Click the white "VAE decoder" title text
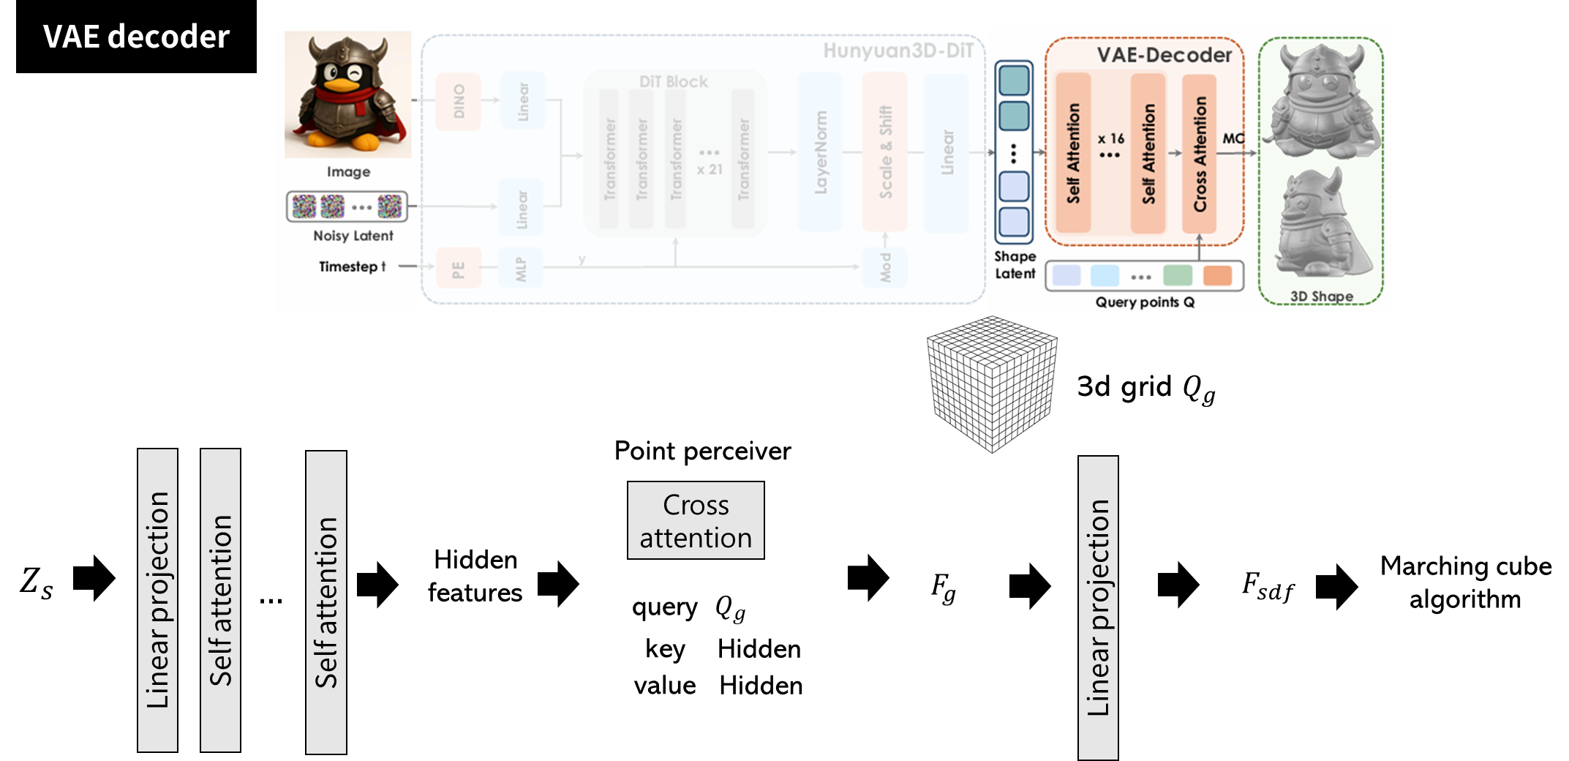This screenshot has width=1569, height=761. [x=136, y=37]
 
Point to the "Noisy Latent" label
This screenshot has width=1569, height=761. [x=353, y=236]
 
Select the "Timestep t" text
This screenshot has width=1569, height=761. [x=352, y=266]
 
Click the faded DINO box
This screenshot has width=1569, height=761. [x=459, y=102]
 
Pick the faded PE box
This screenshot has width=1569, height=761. [x=458, y=269]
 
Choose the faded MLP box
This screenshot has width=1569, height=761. [x=521, y=269]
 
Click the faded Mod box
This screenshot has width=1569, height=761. [x=885, y=268]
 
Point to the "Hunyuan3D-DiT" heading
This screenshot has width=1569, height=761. [x=898, y=50]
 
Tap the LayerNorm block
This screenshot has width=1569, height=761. [x=821, y=152]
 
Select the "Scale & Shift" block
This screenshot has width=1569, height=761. [x=885, y=152]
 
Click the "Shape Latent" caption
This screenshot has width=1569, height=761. [x=1015, y=265]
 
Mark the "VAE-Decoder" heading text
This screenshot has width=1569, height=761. [x=1164, y=55]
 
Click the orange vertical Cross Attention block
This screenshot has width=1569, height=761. [x=1200, y=154]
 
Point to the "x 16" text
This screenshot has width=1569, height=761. [x=1110, y=138]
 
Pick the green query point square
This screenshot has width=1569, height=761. [x=1177, y=276]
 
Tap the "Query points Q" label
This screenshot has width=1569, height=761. [x=1145, y=302]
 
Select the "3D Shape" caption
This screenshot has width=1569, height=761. [x=1321, y=296]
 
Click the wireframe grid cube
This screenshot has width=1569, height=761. [x=992, y=384]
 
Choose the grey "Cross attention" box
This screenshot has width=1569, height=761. [x=696, y=520]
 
